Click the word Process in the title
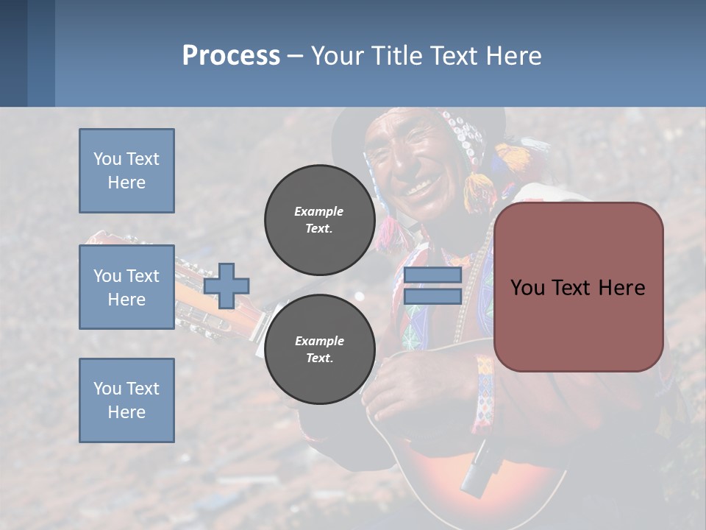click(x=231, y=55)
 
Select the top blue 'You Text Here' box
click(x=126, y=171)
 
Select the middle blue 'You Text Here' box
click(x=126, y=287)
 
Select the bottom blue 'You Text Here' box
click(x=126, y=400)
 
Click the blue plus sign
click(x=227, y=286)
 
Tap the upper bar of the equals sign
click(x=432, y=275)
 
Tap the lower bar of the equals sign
click(x=432, y=297)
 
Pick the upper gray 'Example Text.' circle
click(x=319, y=219)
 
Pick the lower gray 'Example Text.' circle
click(x=319, y=349)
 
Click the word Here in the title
click(x=515, y=55)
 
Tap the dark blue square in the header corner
click(x=13, y=53)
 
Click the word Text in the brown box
click(x=586, y=287)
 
